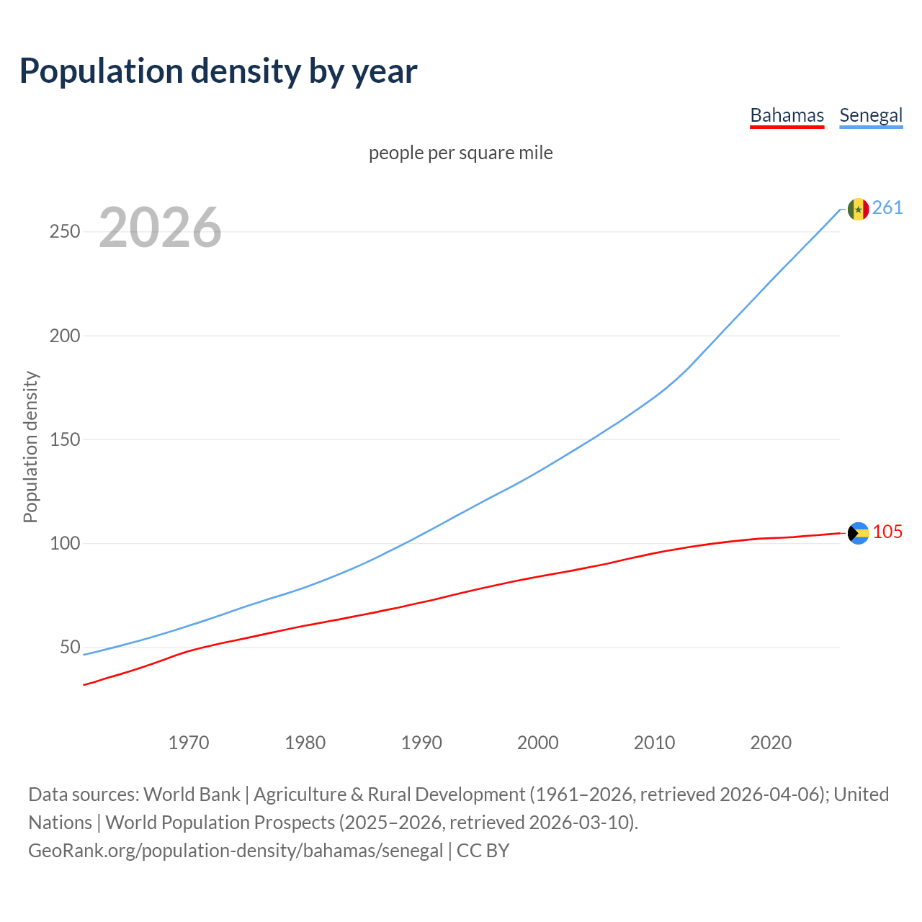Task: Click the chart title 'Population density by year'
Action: (x=218, y=71)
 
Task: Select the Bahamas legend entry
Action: (x=787, y=115)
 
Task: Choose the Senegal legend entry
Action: (x=871, y=115)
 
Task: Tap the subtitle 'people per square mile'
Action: (x=461, y=153)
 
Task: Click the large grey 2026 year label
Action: (x=160, y=228)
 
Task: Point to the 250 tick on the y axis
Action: (x=65, y=232)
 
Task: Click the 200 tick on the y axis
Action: (x=65, y=336)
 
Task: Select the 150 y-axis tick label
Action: (x=65, y=439)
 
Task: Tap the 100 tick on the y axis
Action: (x=65, y=543)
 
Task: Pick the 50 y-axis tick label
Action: (x=70, y=647)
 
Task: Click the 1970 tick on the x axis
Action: (x=189, y=742)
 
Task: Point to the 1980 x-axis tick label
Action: (x=305, y=742)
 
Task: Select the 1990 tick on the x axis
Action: (x=421, y=742)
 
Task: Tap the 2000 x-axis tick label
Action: (x=538, y=742)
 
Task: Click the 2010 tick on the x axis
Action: (x=654, y=742)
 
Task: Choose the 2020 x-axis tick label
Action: (x=771, y=742)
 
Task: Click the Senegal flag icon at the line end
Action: (x=858, y=209)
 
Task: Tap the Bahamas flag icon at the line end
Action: (x=858, y=533)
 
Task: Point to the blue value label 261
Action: (x=887, y=208)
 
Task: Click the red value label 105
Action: (x=887, y=532)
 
